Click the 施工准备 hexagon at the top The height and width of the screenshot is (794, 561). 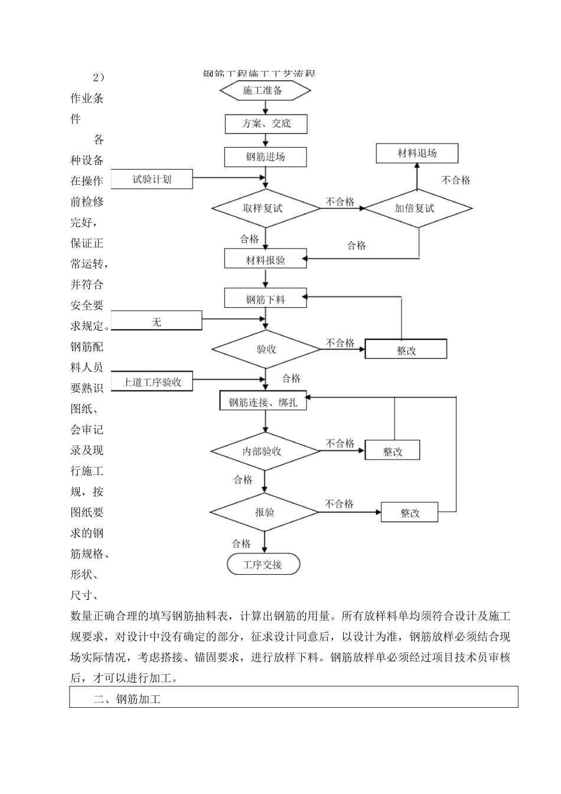coord(265,90)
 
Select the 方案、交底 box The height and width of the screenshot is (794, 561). coord(266,123)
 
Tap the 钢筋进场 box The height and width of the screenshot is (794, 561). coord(266,157)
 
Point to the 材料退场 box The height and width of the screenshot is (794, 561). coord(417,154)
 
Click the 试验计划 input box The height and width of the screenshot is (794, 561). coord(152,179)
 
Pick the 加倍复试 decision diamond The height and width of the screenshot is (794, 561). coord(418,208)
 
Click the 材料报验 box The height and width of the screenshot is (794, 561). coord(265,259)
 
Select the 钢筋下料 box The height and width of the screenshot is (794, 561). coord(266,299)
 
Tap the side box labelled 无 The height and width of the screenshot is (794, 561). coord(156,322)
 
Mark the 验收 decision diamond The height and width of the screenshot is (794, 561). coord(266,349)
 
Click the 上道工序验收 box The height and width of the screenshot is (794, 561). coord(152,382)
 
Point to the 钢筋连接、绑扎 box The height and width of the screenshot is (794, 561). coord(263,402)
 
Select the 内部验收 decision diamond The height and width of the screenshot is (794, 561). coord(265,451)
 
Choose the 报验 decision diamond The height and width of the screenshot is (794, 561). coord(265,512)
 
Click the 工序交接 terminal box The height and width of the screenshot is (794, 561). coord(263,565)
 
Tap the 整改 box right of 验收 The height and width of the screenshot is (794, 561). coord(406,350)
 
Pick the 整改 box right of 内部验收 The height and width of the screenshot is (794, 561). coord(393,451)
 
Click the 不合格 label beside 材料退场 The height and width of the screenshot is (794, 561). coord(456,180)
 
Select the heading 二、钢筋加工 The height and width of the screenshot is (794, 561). coord(127,699)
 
